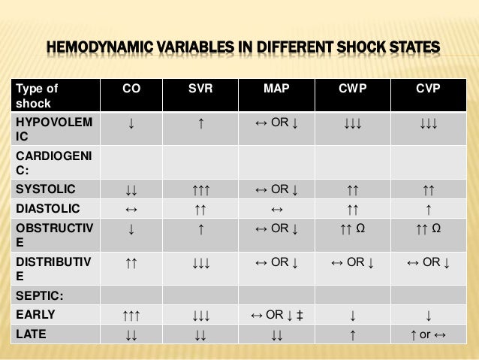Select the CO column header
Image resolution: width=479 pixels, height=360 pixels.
click(132, 89)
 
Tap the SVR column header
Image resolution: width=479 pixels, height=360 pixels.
click(201, 89)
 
